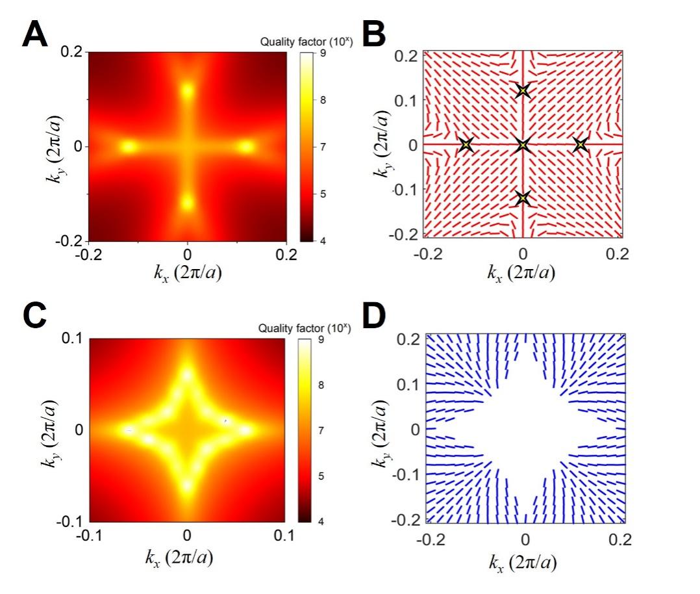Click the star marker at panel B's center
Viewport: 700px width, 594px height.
tap(523, 144)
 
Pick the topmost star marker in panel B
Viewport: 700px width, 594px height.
tap(523, 91)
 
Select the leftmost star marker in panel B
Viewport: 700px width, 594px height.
tap(466, 144)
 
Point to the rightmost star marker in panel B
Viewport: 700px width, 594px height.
tap(580, 144)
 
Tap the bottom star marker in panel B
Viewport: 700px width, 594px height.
tap(523, 198)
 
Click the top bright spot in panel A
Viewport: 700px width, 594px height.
tap(188, 90)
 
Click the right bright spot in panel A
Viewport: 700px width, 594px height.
tap(245, 147)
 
